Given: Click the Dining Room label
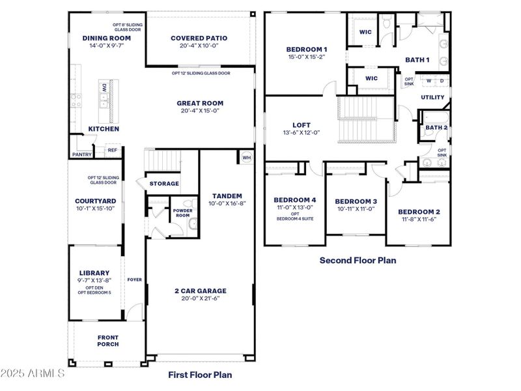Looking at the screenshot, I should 107,38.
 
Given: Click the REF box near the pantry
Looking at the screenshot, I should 112,150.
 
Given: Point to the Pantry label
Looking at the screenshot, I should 81,154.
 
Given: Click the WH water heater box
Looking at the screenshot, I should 246,157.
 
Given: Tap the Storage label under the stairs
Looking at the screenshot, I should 164,184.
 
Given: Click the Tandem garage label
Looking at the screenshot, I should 227,195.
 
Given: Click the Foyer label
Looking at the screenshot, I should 135,280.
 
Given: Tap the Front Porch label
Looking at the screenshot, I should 108,341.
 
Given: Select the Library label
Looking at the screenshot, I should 94,272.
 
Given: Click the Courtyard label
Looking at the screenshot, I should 95,201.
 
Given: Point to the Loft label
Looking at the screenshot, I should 302,124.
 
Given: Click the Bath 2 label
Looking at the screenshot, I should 436,128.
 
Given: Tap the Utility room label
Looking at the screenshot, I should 432,98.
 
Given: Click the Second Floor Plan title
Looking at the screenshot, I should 358,260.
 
